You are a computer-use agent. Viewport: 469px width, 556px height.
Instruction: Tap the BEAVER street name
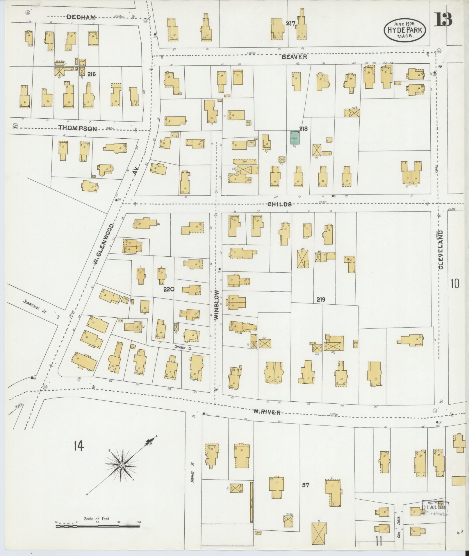pyautogui.click(x=294, y=57)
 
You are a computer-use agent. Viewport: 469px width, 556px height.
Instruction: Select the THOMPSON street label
pyautogui.click(x=78, y=128)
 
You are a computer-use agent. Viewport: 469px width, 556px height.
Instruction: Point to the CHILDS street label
pyautogui.click(x=280, y=204)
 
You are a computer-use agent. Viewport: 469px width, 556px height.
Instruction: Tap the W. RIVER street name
pyautogui.click(x=266, y=412)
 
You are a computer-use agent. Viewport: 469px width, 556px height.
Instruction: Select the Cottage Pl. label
pyautogui.click(x=182, y=347)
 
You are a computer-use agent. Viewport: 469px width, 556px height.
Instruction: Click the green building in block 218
pyautogui.click(x=295, y=137)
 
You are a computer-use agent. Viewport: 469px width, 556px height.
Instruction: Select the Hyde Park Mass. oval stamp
pyautogui.click(x=405, y=30)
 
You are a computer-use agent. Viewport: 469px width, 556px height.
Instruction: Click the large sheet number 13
pyautogui.click(x=443, y=19)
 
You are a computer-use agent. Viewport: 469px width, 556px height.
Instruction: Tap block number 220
pyautogui.click(x=169, y=289)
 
